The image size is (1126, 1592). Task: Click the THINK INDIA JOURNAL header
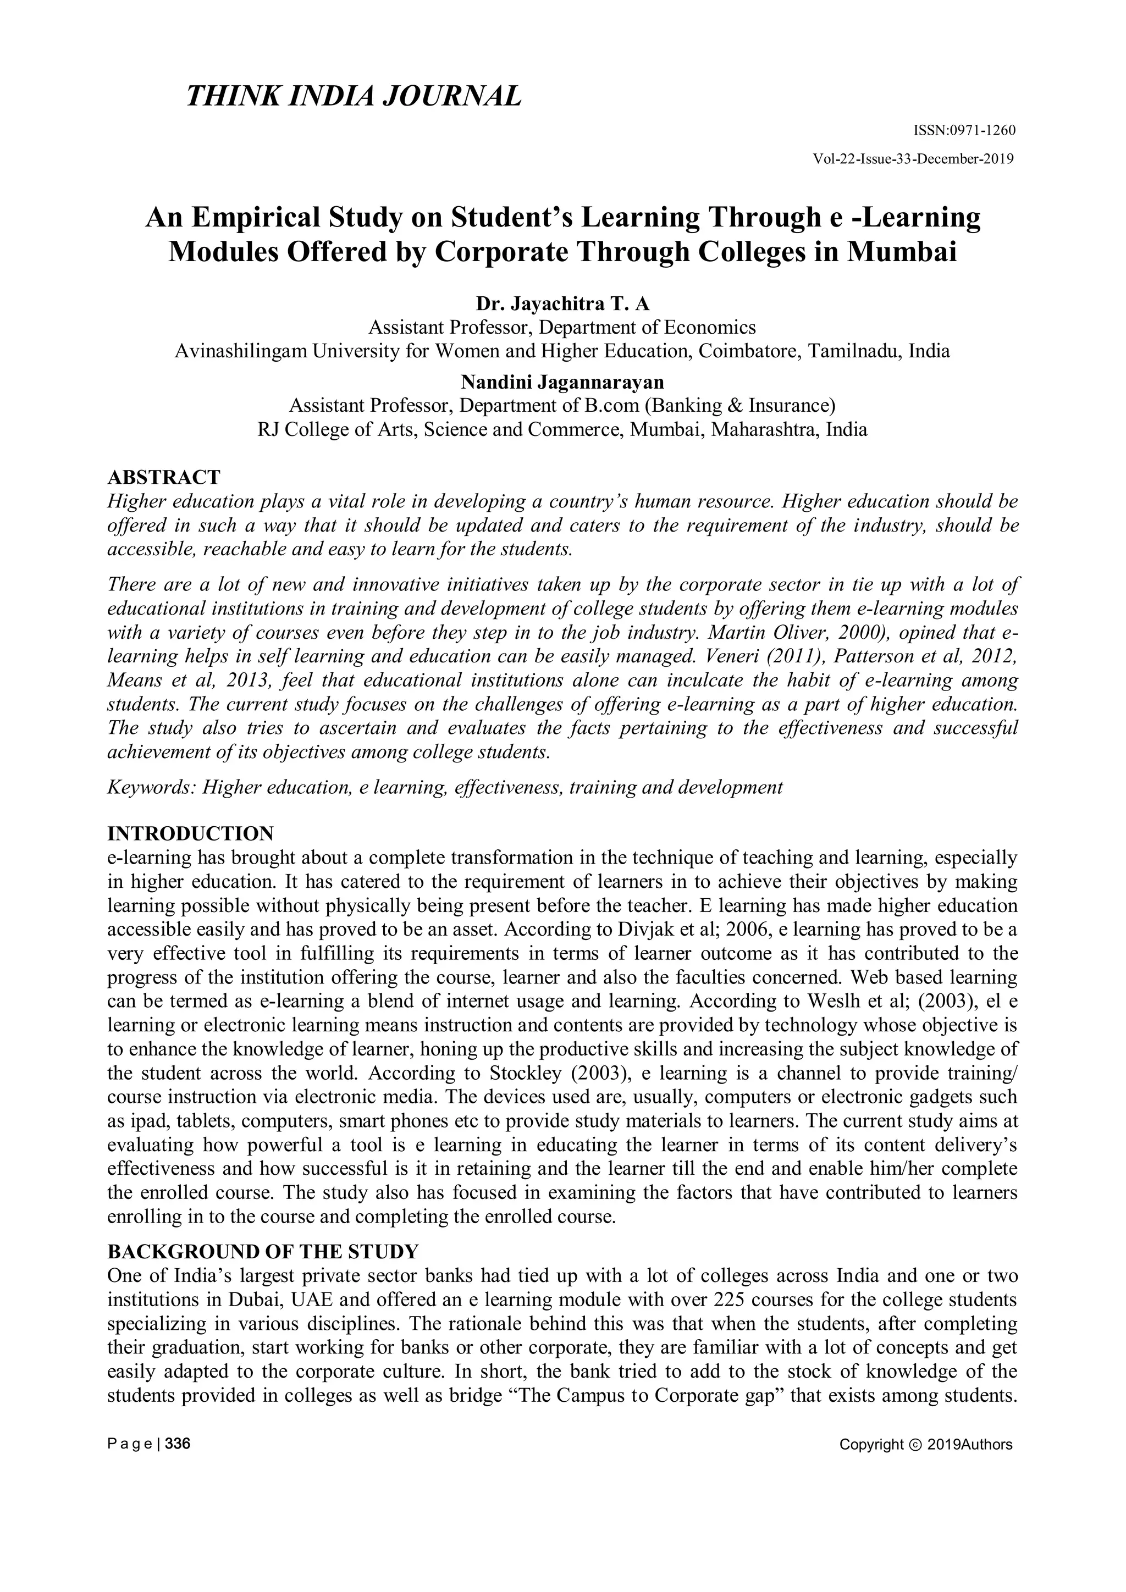click(x=353, y=96)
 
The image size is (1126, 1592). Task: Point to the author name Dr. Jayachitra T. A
click(x=562, y=303)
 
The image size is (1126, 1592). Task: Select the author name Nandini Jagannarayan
click(x=562, y=382)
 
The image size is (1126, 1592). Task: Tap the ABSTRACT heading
click(x=164, y=477)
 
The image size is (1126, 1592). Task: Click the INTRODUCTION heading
click(x=191, y=833)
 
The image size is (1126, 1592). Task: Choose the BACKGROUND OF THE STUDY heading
click(x=263, y=1252)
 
